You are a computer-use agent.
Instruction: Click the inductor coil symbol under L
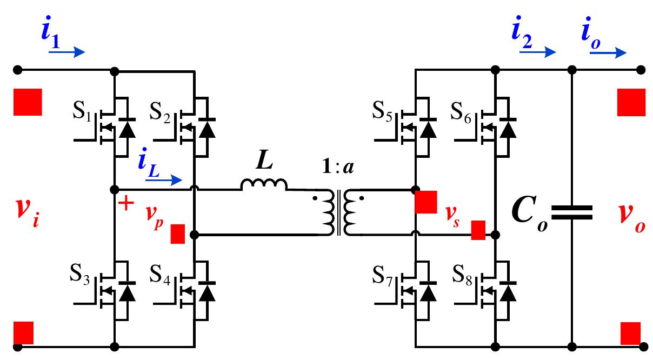pos(264,185)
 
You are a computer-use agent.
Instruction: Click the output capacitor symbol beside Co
pos(572,211)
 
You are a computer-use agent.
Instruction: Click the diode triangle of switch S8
pos(508,292)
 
